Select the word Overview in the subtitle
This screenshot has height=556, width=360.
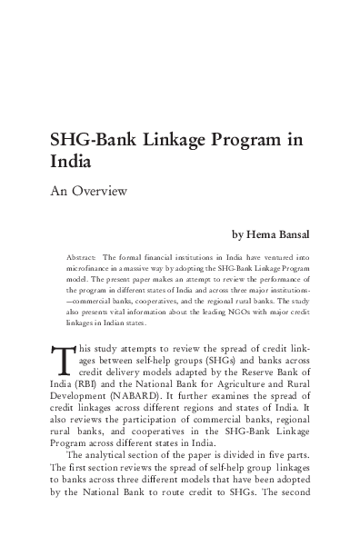(x=101, y=192)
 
